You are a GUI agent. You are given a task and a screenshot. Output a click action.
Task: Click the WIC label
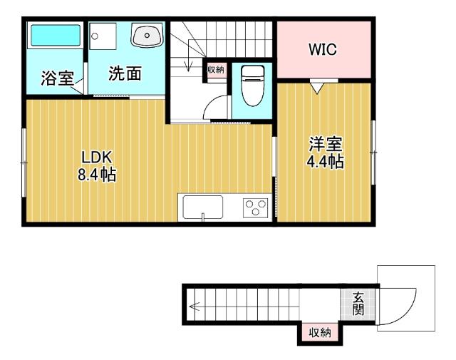322,50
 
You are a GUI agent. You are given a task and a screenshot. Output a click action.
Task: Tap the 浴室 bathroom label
58,77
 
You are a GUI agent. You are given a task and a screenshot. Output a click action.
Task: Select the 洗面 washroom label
124,73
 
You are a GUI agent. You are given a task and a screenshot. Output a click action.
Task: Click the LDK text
96,158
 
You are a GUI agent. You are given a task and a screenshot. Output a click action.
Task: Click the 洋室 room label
325,144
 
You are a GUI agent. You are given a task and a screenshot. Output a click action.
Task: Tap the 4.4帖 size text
325,162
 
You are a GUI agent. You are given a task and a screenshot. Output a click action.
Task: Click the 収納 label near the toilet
215,69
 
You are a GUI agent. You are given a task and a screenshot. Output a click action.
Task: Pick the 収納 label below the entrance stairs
319,332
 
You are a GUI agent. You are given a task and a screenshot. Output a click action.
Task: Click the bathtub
55,35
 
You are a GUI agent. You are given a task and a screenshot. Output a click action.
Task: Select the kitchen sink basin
203,208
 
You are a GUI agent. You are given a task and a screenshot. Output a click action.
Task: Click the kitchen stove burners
254,208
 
